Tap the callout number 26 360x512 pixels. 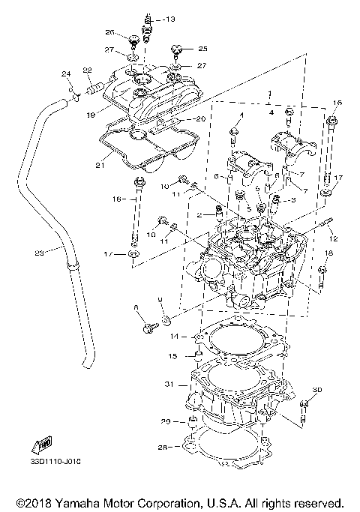click(x=109, y=33)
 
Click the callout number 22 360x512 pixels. click(x=87, y=70)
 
